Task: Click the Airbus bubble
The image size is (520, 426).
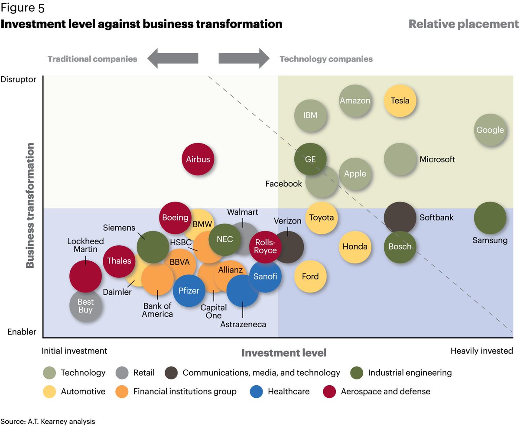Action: [x=198, y=159]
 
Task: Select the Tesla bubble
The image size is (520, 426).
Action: [x=400, y=101]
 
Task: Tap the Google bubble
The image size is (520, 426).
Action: [x=490, y=130]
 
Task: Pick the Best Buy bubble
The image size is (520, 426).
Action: [x=86, y=306]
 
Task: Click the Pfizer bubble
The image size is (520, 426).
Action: [x=189, y=291]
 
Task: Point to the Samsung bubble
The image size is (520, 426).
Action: [x=490, y=218]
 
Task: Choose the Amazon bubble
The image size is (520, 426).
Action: [x=355, y=101]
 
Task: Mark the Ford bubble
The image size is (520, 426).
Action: [x=310, y=276]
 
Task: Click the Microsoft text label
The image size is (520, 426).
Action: [x=437, y=159]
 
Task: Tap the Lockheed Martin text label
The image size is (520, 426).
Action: [x=82, y=245]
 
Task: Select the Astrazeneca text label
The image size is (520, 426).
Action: [x=243, y=324]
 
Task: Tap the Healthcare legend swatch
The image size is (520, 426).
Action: [x=257, y=391]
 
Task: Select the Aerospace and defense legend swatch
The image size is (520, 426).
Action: [x=330, y=391]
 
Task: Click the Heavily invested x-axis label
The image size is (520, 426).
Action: [x=481, y=351]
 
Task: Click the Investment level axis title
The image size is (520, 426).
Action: [x=284, y=353]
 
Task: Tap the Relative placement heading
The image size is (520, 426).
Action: [x=463, y=24]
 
